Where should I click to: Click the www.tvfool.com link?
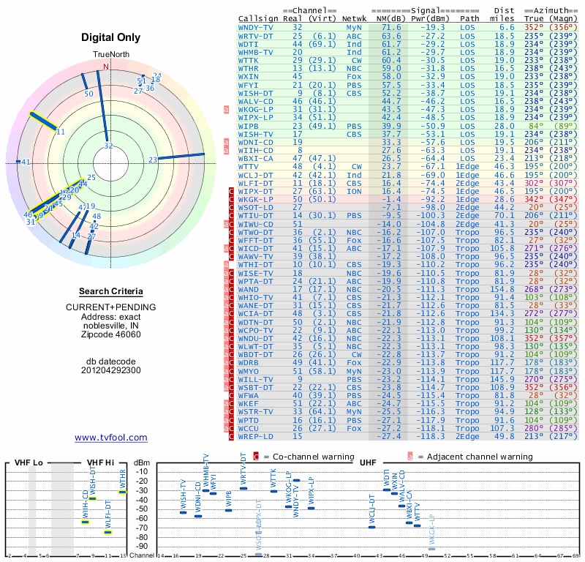pos(110,438)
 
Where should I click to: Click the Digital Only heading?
pos(110,37)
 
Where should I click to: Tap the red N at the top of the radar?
pos(105,67)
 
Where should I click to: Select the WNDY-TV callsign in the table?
pos(256,27)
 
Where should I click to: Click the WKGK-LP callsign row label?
pos(256,198)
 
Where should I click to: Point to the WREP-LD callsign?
pos(256,436)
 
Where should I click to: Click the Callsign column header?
pos(258,18)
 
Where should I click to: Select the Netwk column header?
pos(354,18)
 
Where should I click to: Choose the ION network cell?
pos(354,190)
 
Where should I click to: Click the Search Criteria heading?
pos(110,291)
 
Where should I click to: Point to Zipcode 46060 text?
pos(110,334)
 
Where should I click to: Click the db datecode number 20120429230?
pos(110,370)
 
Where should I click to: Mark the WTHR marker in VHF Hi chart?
pos(123,492)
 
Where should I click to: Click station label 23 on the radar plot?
pos(153,160)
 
